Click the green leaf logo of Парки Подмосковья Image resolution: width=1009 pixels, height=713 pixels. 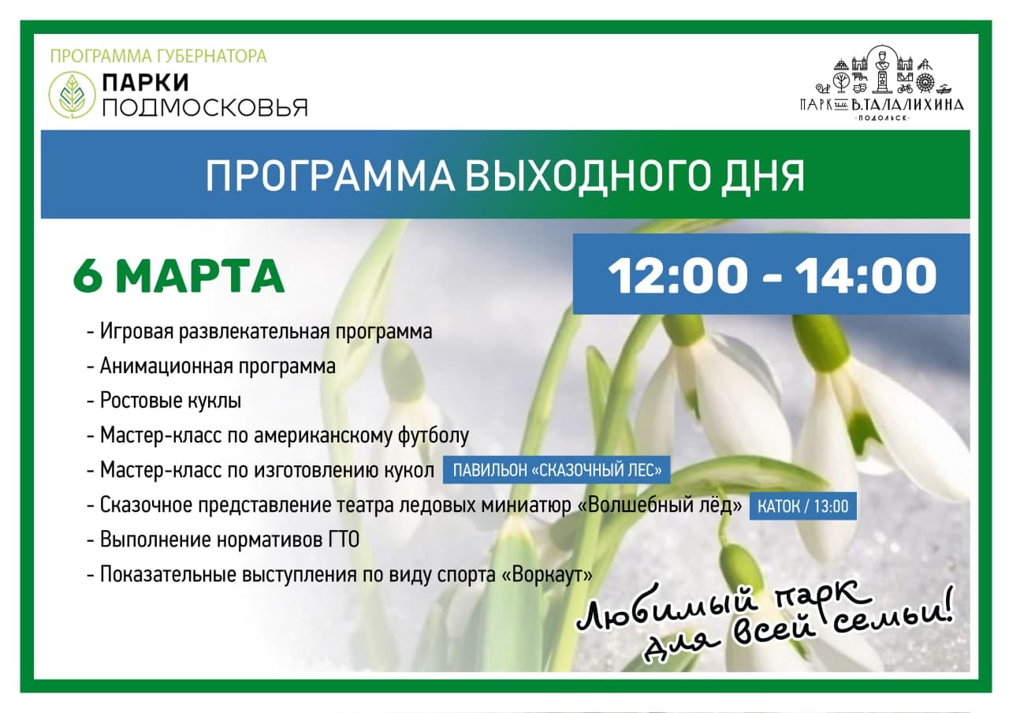tap(72, 95)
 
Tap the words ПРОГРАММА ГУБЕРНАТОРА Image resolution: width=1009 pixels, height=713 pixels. tap(158, 57)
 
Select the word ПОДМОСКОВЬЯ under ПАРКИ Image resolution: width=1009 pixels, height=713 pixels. tap(205, 108)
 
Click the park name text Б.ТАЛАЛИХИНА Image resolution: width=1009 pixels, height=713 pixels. tap(907, 105)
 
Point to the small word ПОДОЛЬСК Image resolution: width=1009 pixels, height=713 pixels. tap(882, 118)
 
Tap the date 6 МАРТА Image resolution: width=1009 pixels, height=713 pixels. tap(179, 275)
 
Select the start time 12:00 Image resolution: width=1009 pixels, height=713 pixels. tap(677, 275)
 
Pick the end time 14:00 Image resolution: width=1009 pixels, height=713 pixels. tap(866, 275)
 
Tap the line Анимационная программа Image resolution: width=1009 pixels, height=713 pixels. tap(218, 366)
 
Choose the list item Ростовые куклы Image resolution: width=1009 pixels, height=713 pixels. tap(170, 400)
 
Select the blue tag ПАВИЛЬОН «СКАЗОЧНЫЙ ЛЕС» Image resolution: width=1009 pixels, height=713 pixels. tap(557, 470)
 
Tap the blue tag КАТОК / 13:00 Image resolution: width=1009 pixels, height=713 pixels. tap(803, 506)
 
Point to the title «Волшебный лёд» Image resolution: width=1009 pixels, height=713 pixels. tap(660, 505)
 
